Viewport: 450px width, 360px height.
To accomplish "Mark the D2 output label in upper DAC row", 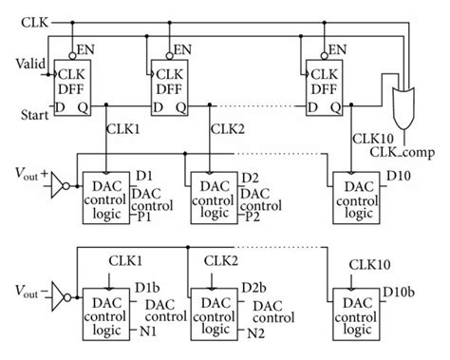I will tap(250, 179).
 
